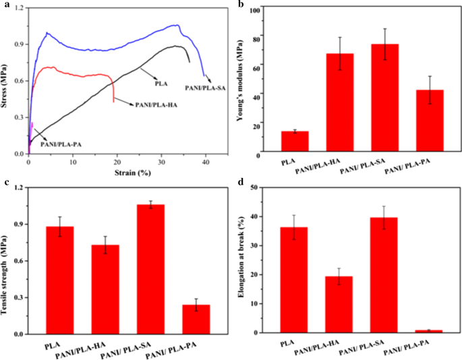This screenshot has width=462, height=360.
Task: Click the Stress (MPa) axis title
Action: click(x=6, y=82)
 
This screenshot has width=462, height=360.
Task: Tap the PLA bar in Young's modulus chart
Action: click(x=295, y=142)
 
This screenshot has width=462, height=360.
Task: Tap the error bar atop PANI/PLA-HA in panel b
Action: click(x=340, y=54)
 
